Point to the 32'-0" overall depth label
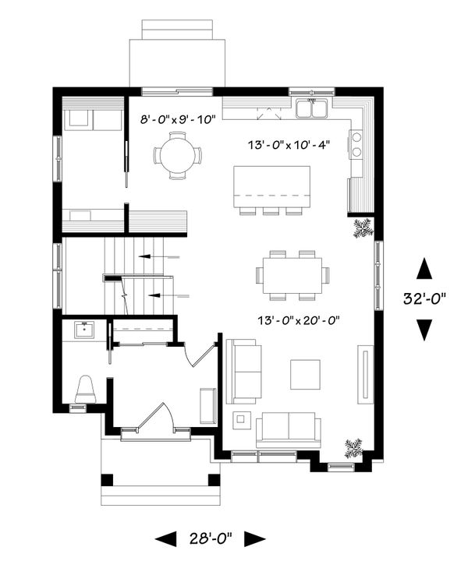pos(425,299)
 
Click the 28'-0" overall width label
pos(210,538)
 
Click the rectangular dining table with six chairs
pos(292,275)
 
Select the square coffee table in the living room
pos(305,373)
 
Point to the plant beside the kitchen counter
pos(363,228)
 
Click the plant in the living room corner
pos(353,448)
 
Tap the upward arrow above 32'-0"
pos(424,270)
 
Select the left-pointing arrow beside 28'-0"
pos(166,538)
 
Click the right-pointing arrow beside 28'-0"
pos(254,538)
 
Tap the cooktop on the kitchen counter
pos(356,144)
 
